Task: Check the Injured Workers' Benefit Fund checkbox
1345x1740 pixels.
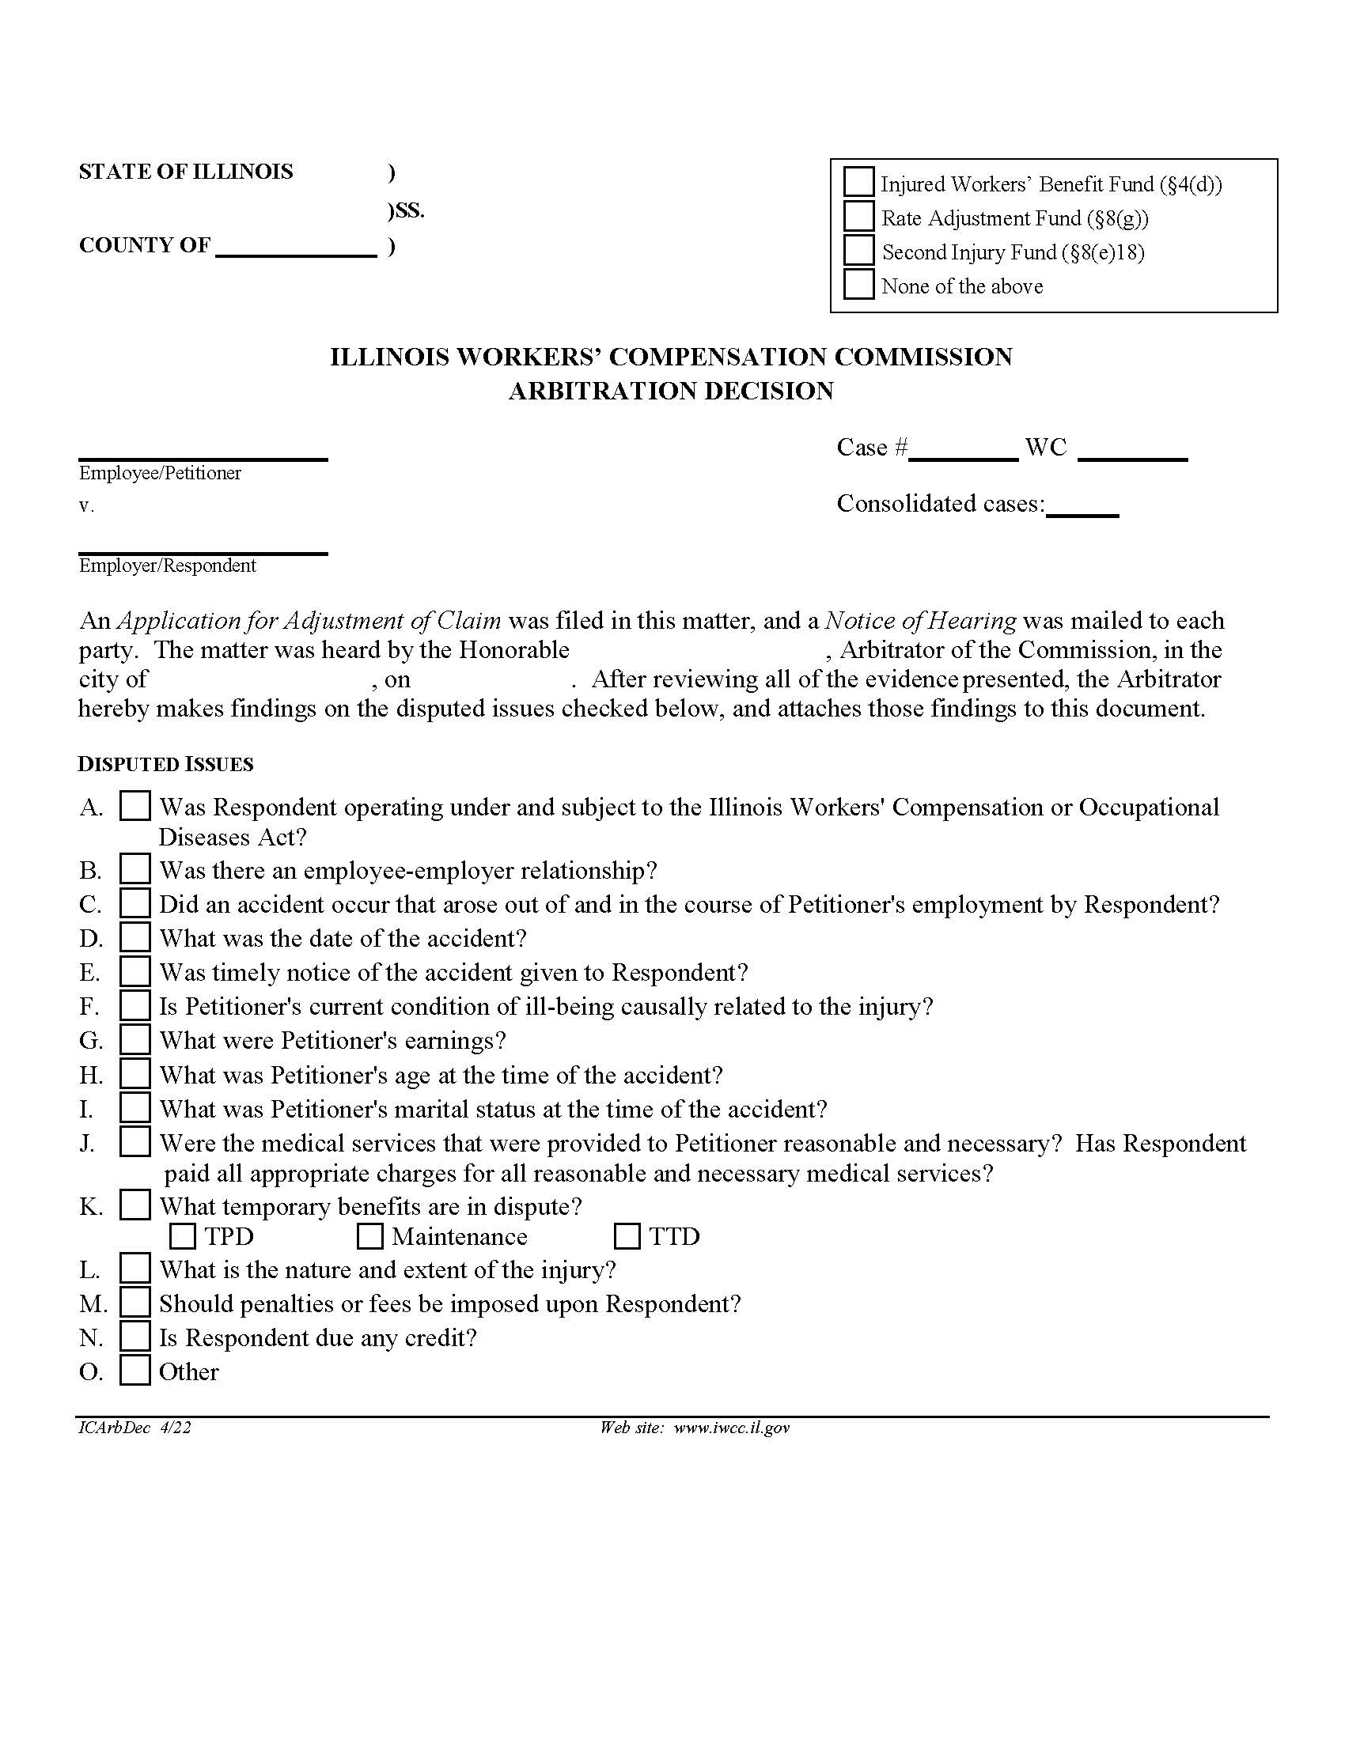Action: tap(858, 182)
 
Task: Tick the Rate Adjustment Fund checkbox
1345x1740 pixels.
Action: tap(858, 216)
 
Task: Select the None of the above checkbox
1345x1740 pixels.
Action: tap(858, 285)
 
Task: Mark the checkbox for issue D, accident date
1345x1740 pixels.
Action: tap(134, 937)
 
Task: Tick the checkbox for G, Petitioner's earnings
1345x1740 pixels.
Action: tap(134, 1040)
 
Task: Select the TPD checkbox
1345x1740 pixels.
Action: tap(183, 1236)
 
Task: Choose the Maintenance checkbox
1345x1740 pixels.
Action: tap(369, 1236)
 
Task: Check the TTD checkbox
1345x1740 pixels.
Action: tap(627, 1236)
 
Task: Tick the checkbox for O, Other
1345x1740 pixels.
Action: tap(134, 1371)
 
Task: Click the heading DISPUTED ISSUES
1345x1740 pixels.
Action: tap(165, 764)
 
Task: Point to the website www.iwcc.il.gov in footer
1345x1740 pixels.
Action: tap(731, 1428)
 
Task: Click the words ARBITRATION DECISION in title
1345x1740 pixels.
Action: tap(671, 391)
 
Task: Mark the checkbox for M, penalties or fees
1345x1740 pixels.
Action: tap(134, 1303)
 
